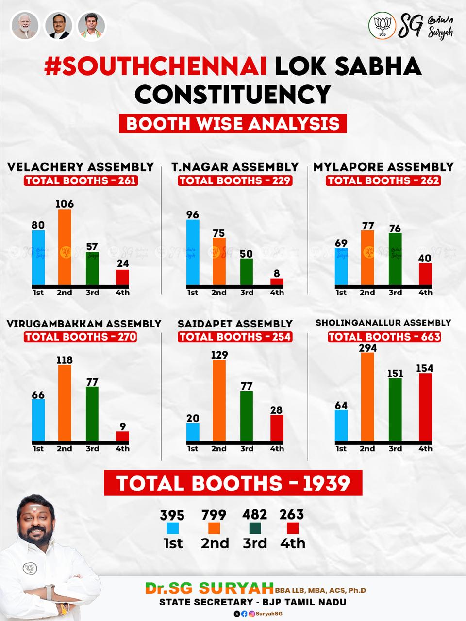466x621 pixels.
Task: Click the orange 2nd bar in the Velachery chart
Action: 65,247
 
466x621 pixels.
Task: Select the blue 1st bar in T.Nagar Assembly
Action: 193,252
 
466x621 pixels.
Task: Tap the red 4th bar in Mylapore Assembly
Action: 425,274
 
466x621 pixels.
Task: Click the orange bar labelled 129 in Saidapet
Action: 219,400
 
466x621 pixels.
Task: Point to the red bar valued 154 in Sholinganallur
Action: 425,407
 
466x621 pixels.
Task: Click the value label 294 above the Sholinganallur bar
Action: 367,348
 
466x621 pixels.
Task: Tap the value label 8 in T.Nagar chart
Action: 277,273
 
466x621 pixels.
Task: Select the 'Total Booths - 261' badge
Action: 81,180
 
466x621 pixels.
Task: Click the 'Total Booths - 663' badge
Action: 384,337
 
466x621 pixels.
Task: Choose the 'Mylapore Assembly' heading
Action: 383,167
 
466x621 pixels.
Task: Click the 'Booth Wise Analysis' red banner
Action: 233,123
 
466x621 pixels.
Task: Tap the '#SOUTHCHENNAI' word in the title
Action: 155,67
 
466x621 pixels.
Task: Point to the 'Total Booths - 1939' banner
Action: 233,483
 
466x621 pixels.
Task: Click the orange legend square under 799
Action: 214,528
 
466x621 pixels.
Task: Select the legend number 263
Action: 292,514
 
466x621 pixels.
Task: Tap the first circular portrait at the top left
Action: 25,26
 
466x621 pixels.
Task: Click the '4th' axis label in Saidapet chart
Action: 277,449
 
